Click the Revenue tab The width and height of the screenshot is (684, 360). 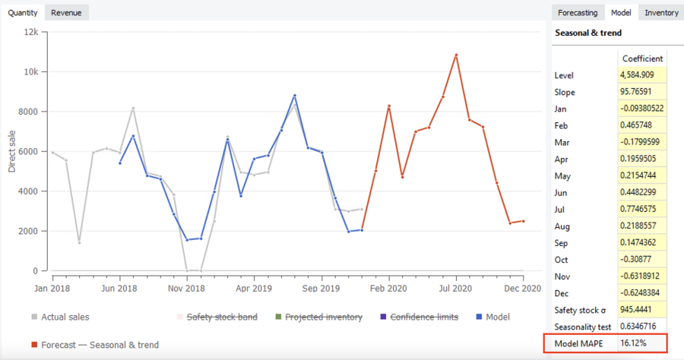click(67, 12)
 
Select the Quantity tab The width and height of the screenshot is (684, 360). click(23, 12)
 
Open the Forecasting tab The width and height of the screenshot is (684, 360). click(578, 12)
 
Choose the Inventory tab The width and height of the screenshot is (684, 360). click(661, 12)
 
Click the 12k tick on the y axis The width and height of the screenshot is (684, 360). click(31, 32)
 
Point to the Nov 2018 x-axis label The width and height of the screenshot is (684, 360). click(186, 289)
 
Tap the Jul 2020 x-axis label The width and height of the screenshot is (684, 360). click(456, 289)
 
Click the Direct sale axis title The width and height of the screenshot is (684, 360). click(12, 150)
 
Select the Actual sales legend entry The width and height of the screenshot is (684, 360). click(65, 317)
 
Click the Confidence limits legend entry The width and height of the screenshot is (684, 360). click(424, 317)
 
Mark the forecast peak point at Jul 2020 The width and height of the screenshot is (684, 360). click(456, 55)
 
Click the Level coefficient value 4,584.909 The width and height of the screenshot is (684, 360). click(643, 75)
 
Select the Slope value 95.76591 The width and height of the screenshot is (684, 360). click(643, 92)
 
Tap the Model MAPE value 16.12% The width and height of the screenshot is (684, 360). click(637, 343)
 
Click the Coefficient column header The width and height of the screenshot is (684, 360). click(643, 58)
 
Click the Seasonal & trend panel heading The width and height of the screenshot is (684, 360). click(588, 33)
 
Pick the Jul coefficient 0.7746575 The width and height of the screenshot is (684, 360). click(643, 209)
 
